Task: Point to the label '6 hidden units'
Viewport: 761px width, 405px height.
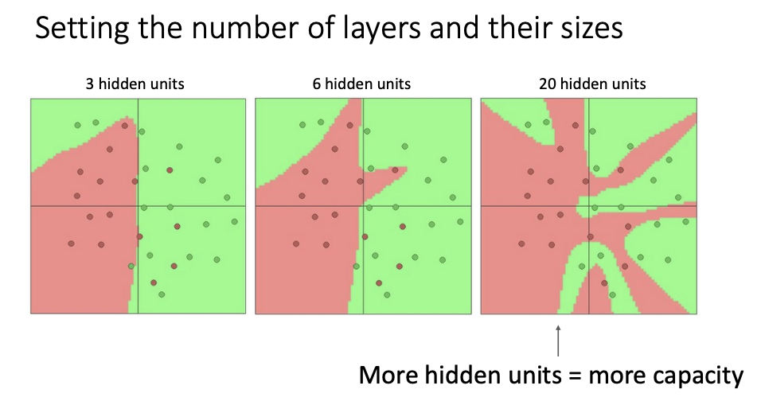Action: tap(362, 83)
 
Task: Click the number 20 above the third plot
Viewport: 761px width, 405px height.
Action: tap(547, 83)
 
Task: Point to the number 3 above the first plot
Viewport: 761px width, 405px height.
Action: tap(90, 83)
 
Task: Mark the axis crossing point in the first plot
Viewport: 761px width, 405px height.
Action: tap(138, 205)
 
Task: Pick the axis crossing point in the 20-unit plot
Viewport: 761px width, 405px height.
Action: tap(589, 205)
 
